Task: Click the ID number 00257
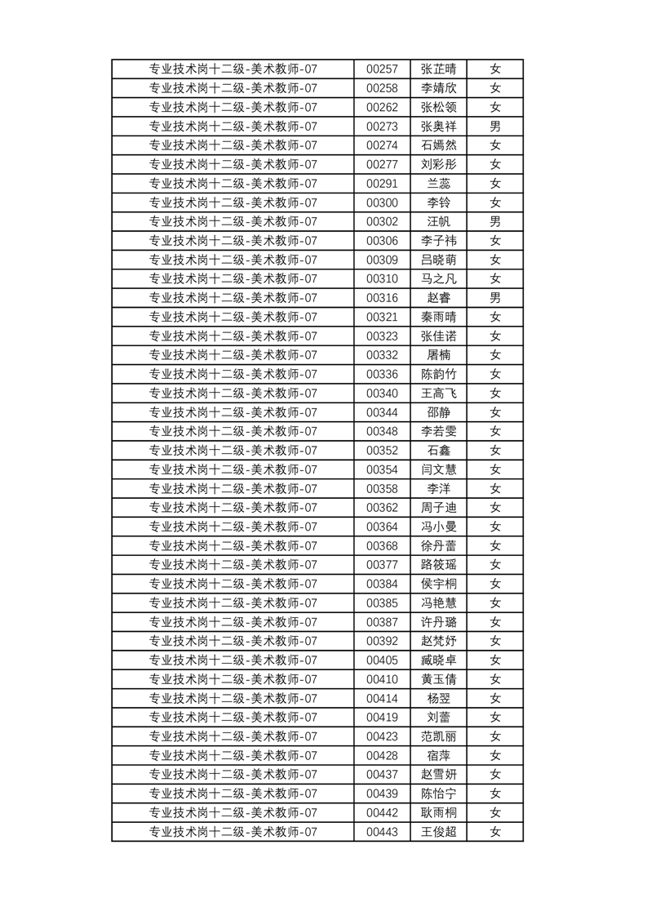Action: tap(382, 69)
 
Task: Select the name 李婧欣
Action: tap(438, 88)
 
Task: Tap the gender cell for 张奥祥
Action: tap(494, 127)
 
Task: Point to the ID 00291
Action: tap(382, 184)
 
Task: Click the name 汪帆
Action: tap(438, 222)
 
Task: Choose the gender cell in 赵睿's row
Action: tap(494, 298)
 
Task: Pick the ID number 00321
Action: tap(382, 317)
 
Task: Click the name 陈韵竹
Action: tap(438, 374)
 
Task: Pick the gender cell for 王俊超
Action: tap(494, 832)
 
